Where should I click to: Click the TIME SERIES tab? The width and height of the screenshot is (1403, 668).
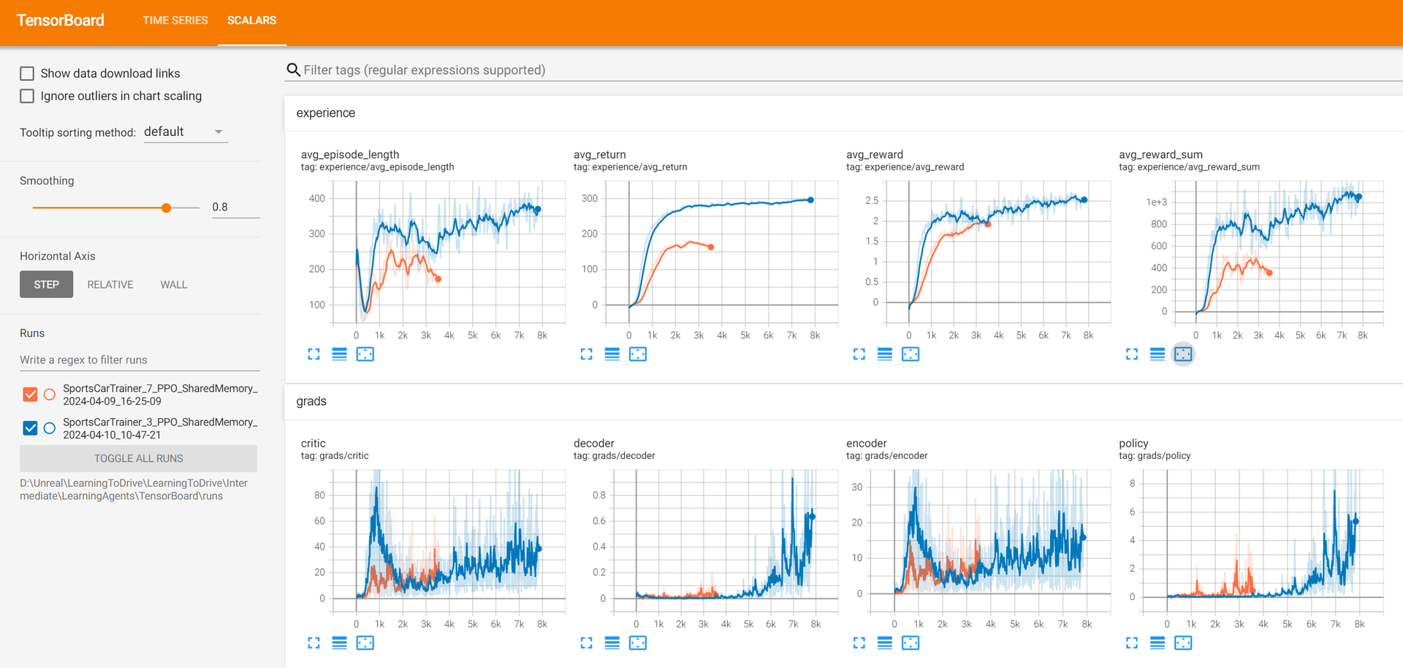[175, 20]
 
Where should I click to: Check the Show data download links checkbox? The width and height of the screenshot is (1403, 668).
[27, 73]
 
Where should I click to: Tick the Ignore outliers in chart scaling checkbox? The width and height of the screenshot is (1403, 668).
[27, 96]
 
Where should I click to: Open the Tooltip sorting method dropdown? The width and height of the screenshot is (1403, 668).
[185, 132]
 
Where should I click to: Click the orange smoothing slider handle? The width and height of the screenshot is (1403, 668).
[167, 208]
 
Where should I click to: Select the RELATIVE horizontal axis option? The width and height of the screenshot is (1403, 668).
[110, 284]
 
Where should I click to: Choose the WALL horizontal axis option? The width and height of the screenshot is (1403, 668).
[174, 284]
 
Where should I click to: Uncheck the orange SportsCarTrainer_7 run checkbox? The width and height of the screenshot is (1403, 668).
[30, 395]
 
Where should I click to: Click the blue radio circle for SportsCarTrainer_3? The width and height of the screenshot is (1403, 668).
[50, 428]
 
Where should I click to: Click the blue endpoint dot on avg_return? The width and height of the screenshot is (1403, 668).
[810, 200]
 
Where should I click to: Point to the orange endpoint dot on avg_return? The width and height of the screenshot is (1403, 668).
[711, 247]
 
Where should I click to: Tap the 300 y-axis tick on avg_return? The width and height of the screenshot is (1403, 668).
[589, 198]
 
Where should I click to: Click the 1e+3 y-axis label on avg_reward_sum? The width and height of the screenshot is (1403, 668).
[1156, 202]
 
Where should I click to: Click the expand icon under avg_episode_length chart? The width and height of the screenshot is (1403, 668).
[314, 354]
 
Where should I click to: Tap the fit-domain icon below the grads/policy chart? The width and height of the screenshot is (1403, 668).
[1183, 642]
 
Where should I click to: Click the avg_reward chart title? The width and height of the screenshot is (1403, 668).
[875, 154]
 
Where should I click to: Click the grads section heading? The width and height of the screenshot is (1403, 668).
[311, 401]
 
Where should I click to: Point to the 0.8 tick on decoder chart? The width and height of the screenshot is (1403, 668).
[598, 495]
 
